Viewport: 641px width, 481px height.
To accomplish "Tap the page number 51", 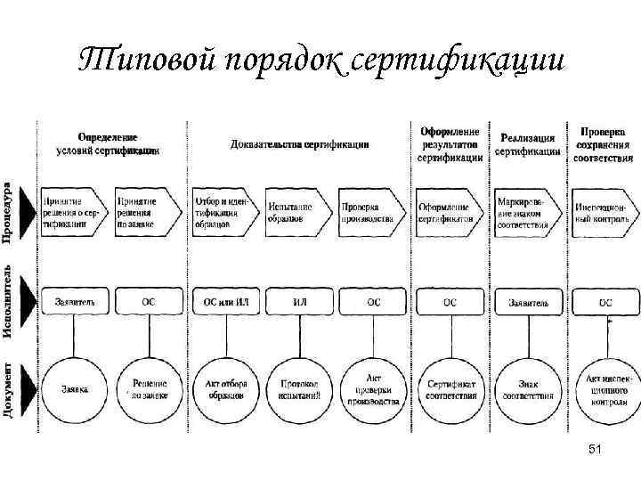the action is [x=596, y=452].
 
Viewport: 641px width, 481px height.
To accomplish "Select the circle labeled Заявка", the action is [x=74, y=388].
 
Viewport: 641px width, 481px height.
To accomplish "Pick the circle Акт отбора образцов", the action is [x=225, y=388].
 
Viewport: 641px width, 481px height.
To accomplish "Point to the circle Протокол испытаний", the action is [x=300, y=388].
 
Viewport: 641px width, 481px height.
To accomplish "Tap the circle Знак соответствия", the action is [x=527, y=388].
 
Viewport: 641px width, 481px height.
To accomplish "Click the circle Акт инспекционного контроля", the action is [x=605, y=388].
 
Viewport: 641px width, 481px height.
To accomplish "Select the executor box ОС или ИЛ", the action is [x=225, y=302].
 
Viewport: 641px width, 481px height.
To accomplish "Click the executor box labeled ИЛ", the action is [x=300, y=302].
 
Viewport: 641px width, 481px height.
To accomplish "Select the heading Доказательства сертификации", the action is [x=300, y=143].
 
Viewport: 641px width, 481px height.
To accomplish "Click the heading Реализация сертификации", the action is [x=527, y=144].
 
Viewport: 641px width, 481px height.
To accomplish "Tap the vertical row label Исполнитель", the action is [x=8, y=300].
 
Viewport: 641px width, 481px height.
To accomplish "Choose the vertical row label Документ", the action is [x=8, y=389].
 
